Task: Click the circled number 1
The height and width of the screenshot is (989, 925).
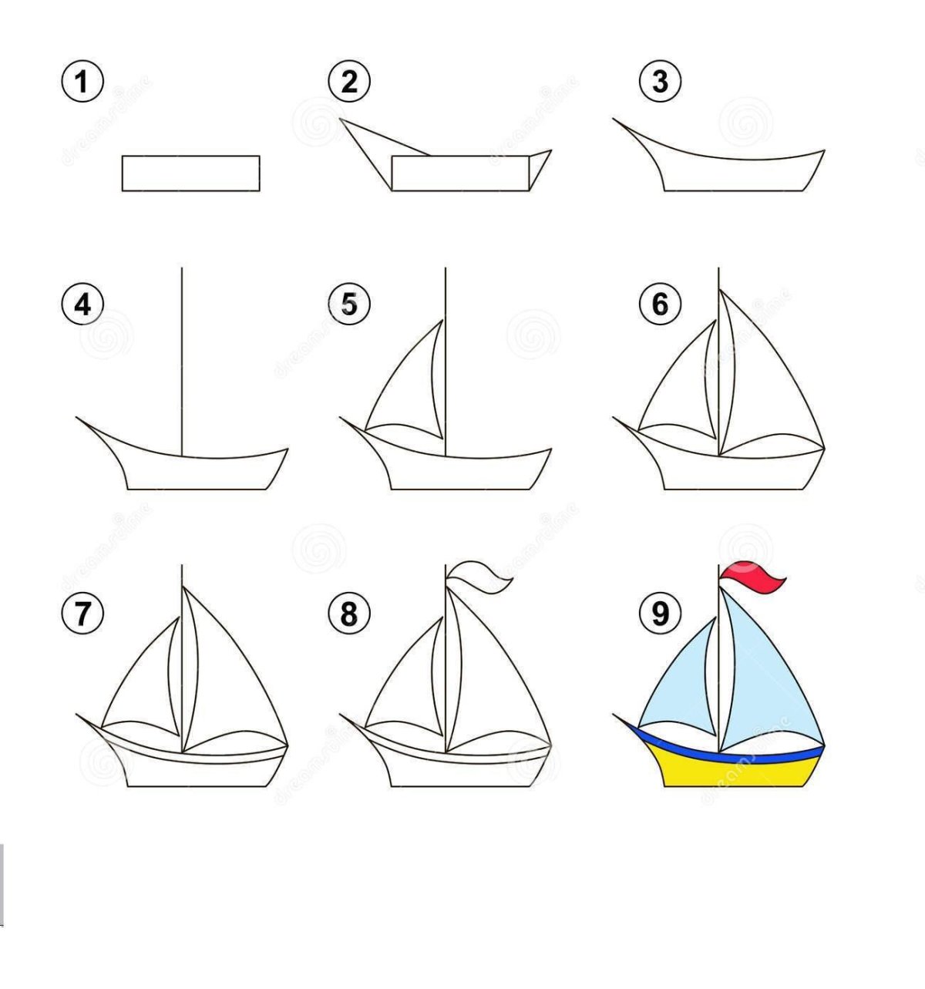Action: click(x=82, y=82)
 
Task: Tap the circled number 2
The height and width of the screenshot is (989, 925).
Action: click(x=349, y=82)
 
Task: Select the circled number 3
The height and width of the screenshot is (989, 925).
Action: click(x=660, y=82)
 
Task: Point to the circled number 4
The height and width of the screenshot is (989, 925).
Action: click(x=82, y=304)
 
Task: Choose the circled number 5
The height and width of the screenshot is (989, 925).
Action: click(x=349, y=304)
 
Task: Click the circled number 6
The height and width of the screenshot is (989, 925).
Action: click(x=660, y=304)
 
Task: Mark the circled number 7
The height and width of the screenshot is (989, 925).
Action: click(x=82, y=614)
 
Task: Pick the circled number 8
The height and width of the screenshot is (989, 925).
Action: click(x=349, y=614)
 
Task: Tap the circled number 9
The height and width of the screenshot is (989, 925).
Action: click(x=660, y=614)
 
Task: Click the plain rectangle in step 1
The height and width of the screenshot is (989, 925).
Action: click(x=190, y=173)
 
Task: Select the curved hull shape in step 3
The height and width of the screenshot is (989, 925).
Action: click(x=732, y=173)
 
